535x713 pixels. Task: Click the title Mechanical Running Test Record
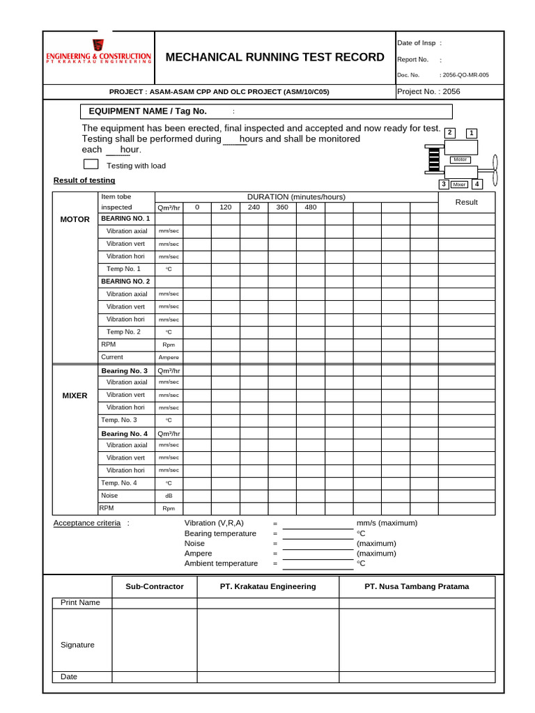(274, 57)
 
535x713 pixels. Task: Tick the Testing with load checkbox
(91, 164)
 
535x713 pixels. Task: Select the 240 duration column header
(254, 207)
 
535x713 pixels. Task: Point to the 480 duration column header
(310, 207)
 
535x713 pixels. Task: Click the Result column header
(466, 202)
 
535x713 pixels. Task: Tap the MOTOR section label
(75, 219)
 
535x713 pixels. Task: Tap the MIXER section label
(75, 395)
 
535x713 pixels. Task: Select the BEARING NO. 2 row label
(125, 281)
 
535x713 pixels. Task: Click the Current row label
(112, 357)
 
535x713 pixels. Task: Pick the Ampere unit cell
(169, 357)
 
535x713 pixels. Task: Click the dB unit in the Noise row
(169, 496)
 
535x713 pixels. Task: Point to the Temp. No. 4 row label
(119, 483)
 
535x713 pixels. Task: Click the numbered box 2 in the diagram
(450, 132)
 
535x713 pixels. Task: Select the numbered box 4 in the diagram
(476, 185)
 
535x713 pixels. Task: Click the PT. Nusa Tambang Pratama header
(417, 586)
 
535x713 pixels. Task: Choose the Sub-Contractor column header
(155, 586)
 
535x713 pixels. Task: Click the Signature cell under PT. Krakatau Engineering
(267, 640)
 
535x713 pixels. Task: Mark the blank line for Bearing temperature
(318, 533)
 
